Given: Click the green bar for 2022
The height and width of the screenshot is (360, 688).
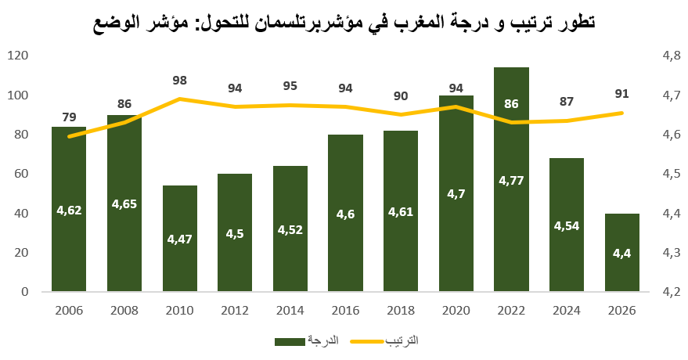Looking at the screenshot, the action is pyautogui.click(x=511, y=179).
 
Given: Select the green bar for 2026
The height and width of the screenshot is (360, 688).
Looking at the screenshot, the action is pyautogui.click(x=621, y=253).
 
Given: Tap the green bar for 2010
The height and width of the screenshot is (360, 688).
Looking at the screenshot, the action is pyautogui.click(x=179, y=239).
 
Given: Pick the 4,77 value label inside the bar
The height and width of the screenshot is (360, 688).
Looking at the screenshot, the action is pyautogui.click(x=511, y=180).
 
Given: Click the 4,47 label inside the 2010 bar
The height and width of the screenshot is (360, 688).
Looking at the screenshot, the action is pyautogui.click(x=179, y=239).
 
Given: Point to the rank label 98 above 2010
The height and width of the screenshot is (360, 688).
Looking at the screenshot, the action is pyautogui.click(x=179, y=81).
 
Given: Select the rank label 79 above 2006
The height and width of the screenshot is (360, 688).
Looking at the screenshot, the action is pyautogui.click(x=69, y=117).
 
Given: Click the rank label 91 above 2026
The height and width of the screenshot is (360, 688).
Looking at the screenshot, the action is pyautogui.click(x=621, y=94).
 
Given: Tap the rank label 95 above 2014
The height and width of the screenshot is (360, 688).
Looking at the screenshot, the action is pyautogui.click(x=290, y=86).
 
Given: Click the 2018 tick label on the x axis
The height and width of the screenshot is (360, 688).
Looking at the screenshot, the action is pyautogui.click(x=401, y=311).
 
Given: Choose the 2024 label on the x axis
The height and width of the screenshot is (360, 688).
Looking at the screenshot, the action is pyautogui.click(x=567, y=311).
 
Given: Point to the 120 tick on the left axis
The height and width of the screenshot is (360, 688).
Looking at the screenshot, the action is pyautogui.click(x=17, y=56).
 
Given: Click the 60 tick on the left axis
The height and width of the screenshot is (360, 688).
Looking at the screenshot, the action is pyautogui.click(x=21, y=174).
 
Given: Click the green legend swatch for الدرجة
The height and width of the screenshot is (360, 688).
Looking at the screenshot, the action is pyautogui.click(x=290, y=341).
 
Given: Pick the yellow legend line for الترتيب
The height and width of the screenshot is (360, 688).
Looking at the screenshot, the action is pyautogui.click(x=367, y=341).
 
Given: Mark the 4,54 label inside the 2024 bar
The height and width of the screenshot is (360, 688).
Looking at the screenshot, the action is pyautogui.click(x=567, y=226).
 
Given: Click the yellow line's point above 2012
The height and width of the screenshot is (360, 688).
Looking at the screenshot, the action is pyautogui.click(x=235, y=106).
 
